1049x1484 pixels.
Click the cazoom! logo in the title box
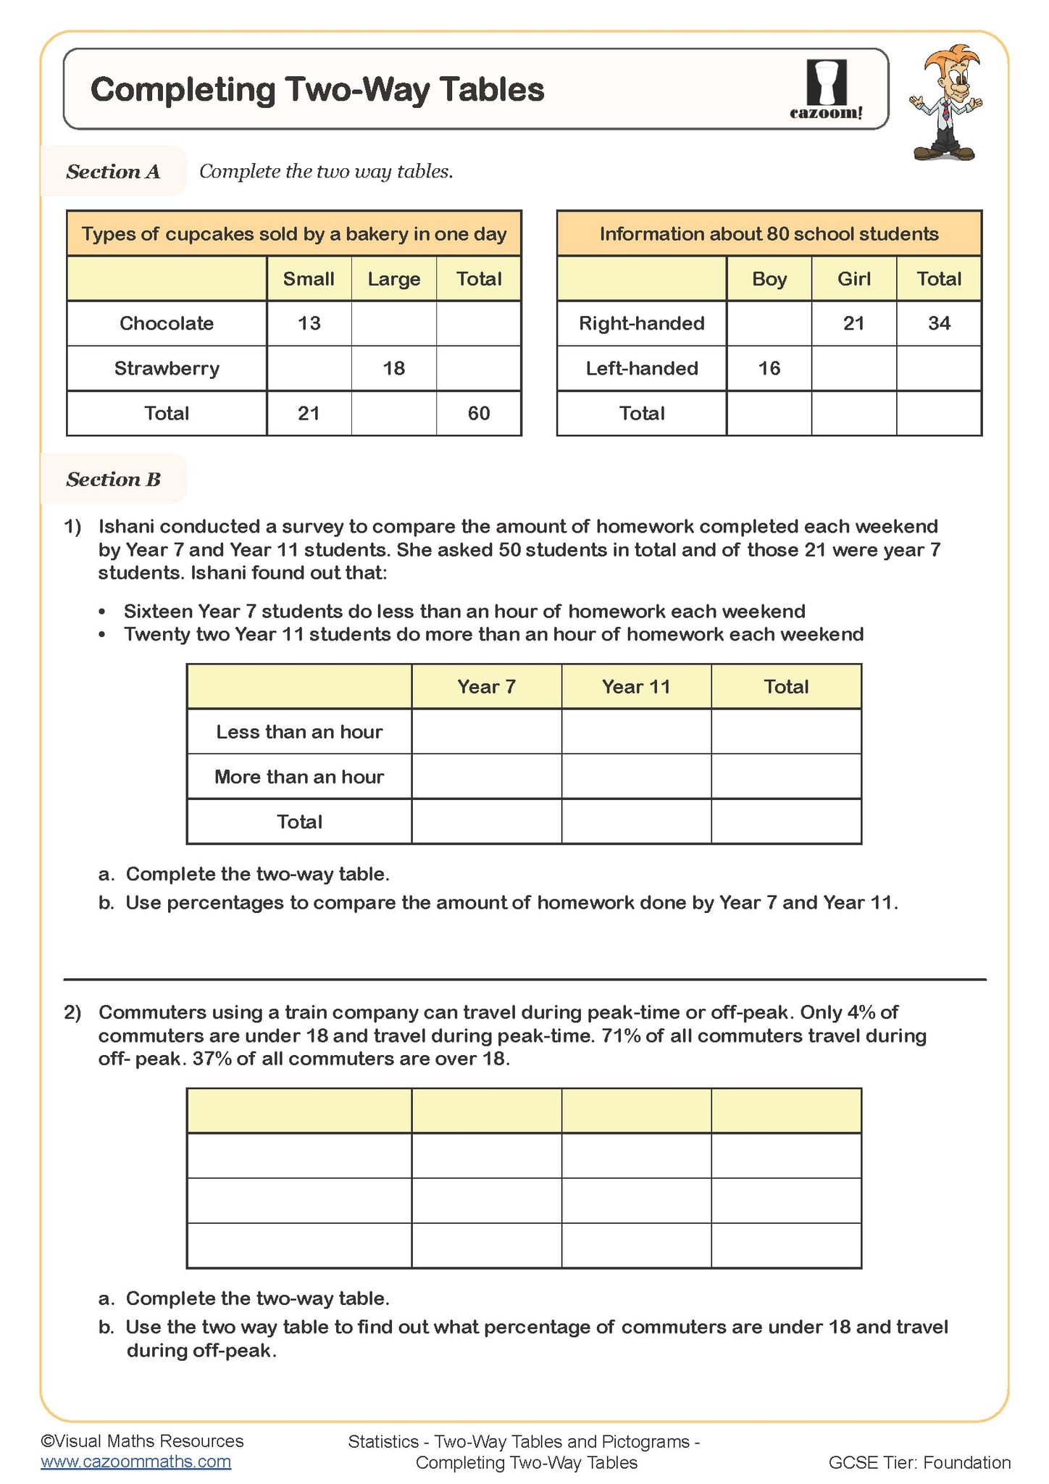tap(826, 90)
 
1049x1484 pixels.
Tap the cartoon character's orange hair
tap(955, 59)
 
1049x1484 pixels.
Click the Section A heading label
tap(113, 172)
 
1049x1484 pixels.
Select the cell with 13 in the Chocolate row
tap(309, 323)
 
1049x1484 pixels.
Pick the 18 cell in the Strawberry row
tap(393, 368)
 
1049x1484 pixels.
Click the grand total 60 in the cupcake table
tap(479, 413)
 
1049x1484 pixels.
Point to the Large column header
tap(393, 279)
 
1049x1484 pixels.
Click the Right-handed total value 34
tap(939, 323)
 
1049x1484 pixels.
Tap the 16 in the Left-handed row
tap(769, 368)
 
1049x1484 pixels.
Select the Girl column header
tap(853, 279)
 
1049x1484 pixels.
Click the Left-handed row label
tap(642, 368)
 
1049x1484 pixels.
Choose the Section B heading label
tap(113, 479)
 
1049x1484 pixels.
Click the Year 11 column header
tap(636, 686)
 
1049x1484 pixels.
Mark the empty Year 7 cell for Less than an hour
tap(486, 731)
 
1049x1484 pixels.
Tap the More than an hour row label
tap(299, 776)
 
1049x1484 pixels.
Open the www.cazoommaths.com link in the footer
tap(135, 1462)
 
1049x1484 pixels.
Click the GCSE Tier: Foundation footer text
tap(919, 1462)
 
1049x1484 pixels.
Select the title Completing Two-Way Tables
tap(317, 90)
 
